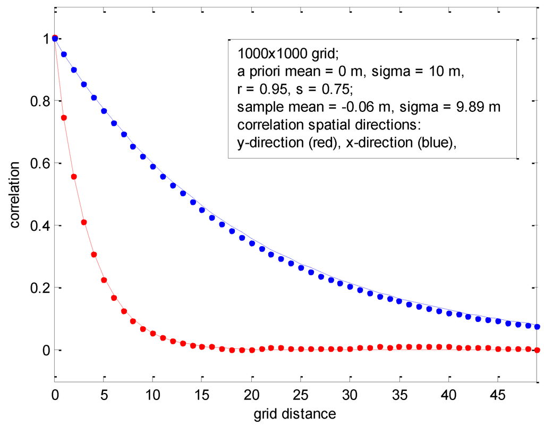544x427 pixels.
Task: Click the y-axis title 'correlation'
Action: tap(15, 194)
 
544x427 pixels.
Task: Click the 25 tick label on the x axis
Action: tap(300, 395)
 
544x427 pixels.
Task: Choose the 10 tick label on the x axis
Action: tap(152, 395)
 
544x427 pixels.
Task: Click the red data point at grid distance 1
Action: tap(64, 118)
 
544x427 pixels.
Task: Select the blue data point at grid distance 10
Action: tap(153, 167)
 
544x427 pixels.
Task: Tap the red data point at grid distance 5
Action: tap(104, 280)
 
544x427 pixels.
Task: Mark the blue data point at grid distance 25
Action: tap(301, 268)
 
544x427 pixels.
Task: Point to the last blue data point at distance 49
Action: tap(537, 327)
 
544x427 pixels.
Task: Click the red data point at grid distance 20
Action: tap(251, 350)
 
